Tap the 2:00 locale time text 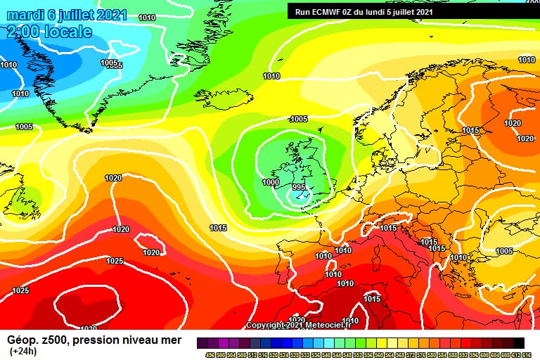click(x=49, y=32)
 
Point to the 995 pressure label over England click(x=299, y=188)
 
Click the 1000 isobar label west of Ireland click(x=270, y=182)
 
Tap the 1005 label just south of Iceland click(x=299, y=119)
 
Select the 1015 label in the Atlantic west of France click(x=218, y=228)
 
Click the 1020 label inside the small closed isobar click(x=151, y=252)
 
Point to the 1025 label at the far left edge click(x=20, y=290)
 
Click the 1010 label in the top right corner click(x=527, y=60)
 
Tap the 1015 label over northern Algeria click(x=373, y=299)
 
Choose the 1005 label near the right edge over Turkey click(x=504, y=251)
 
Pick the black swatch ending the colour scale click(x=519, y=342)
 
